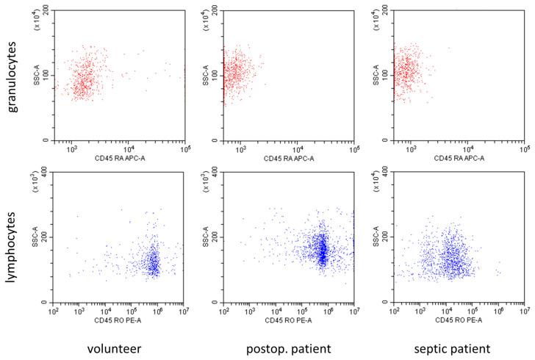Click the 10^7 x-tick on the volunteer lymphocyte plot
184,311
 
